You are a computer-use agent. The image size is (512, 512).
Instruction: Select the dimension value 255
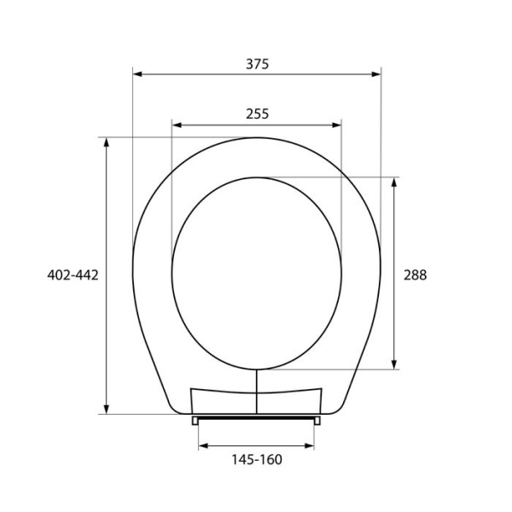pyautogui.click(x=256, y=113)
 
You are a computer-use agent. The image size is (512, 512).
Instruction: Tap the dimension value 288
pyautogui.click(x=415, y=275)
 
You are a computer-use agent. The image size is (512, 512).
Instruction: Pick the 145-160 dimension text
pyautogui.click(x=256, y=460)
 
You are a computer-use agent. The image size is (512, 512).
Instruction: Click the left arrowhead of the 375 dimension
pyautogui.click(x=137, y=74)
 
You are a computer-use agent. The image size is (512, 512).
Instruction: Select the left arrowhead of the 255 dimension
pyautogui.click(x=177, y=125)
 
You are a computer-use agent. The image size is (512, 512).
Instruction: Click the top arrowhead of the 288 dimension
pyautogui.click(x=393, y=182)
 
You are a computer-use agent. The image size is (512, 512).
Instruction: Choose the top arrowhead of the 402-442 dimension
pyautogui.click(x=107, y=142)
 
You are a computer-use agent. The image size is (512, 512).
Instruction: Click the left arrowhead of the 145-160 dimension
pyautogui.click(x=203, y=445)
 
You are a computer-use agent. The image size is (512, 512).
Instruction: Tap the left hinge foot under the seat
pyautogui.click(x=196, y=420)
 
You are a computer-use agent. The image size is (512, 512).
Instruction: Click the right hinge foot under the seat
pyautogui.click(x=317, y=420)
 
